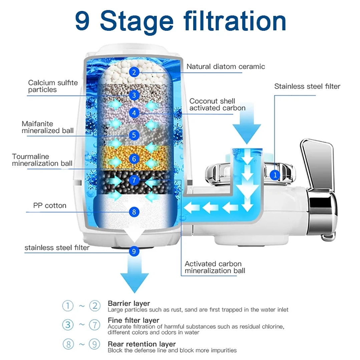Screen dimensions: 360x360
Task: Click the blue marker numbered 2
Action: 134,72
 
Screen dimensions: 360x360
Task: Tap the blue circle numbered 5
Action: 134,135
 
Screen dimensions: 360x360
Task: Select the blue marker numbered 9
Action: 134,251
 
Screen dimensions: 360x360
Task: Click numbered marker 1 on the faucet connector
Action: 275,174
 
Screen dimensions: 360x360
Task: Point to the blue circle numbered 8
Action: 134,211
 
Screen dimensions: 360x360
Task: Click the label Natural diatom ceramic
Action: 226,66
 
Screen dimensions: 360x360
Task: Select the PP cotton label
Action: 50,206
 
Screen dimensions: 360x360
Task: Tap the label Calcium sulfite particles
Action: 53,86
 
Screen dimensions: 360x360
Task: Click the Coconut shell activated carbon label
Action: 217,104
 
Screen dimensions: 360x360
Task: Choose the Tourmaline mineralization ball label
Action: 42,160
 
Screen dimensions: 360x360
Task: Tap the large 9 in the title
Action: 82,21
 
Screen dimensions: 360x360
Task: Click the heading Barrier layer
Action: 129,303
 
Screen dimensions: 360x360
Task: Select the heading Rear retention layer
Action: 141,344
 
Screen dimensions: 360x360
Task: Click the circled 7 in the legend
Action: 95,324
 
